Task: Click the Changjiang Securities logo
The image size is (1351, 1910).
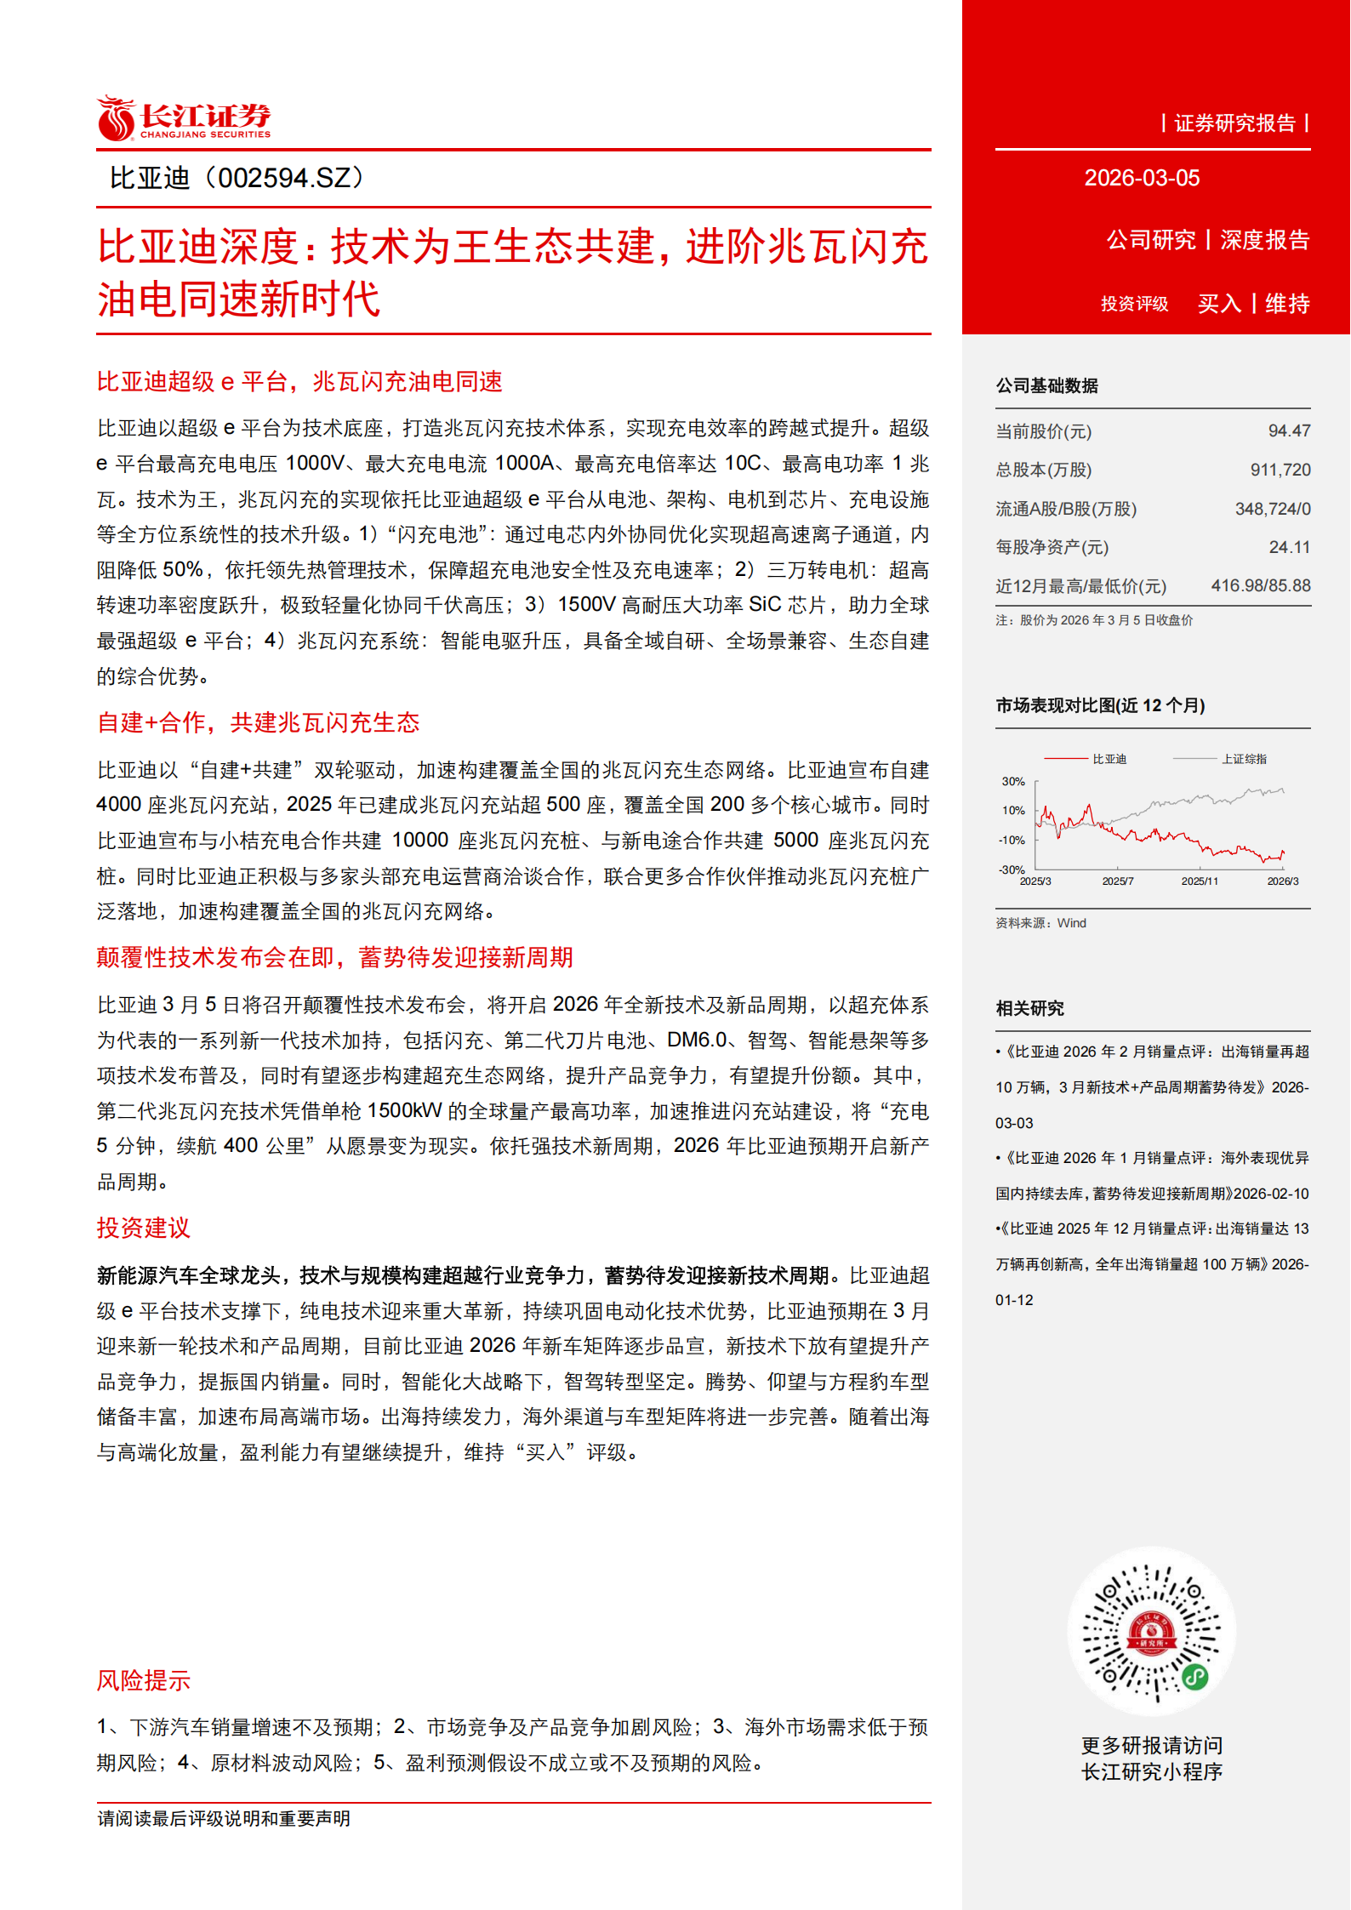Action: coord(184,118)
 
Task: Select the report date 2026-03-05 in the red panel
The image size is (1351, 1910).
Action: coord(1142,178)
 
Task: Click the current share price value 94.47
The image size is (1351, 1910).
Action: coord(1289,431)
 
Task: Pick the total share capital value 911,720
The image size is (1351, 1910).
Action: coord(1280,470)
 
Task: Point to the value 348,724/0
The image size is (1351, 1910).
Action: coord(1273,510)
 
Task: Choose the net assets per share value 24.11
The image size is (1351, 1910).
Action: coord(1289,548)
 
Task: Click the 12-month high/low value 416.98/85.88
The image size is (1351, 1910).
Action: coord(1260,586)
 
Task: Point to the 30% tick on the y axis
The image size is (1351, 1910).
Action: coord(1012,782)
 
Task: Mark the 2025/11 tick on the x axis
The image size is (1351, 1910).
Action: coord(1200,881)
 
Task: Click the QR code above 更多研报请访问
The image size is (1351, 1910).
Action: coord(1151,1633)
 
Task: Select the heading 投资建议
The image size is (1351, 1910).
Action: coord(143,1228)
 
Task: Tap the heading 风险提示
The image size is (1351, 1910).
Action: coord(143,1681)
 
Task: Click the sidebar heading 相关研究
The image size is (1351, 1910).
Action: coord(1029,1009)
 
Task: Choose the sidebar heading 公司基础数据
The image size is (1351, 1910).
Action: coord(1046,386)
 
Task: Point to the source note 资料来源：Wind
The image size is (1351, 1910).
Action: coord(1040,923)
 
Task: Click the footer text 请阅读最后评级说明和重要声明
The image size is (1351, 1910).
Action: coord(224,1819)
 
